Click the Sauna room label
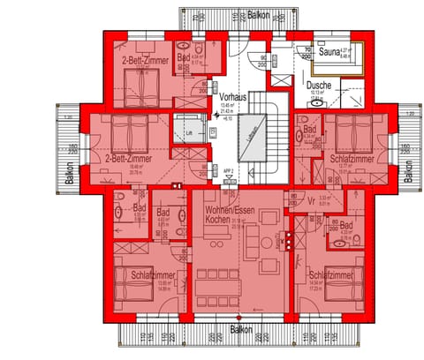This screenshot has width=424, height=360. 329,52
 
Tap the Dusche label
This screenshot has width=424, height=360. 319,86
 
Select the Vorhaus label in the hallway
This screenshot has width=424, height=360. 233,95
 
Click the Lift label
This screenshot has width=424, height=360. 188,133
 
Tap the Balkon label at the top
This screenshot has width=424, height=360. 258,16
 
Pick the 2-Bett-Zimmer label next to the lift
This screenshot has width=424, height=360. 126,160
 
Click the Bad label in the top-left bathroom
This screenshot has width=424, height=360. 183,57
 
